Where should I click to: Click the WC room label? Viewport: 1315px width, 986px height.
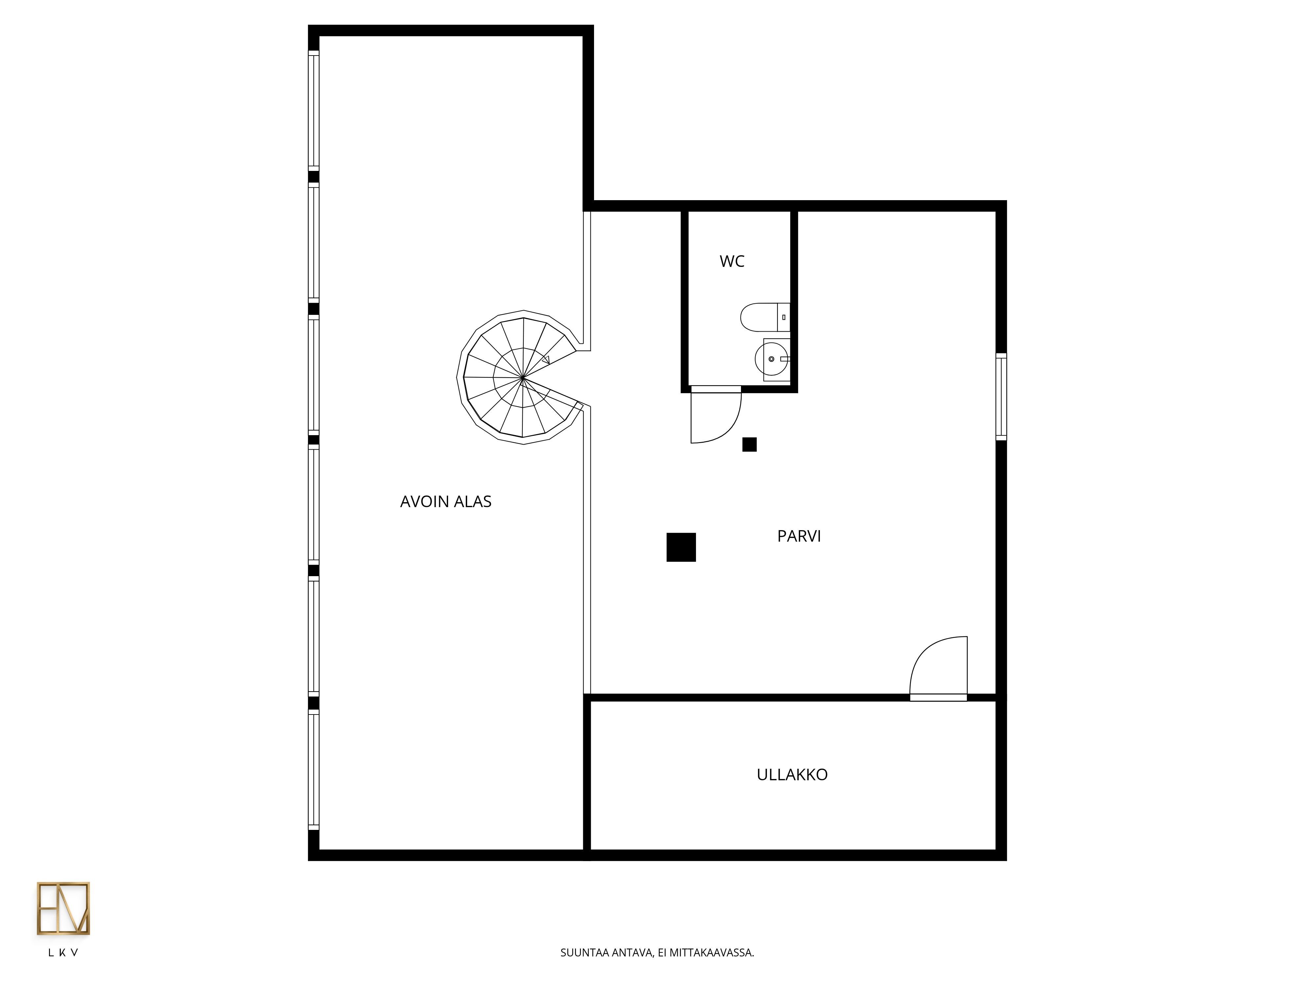pos(732,262)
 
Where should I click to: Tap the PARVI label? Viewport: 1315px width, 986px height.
pos(799,536)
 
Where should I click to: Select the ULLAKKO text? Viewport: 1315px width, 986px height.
pos(792,775)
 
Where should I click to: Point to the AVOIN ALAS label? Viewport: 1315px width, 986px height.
pos(446,502)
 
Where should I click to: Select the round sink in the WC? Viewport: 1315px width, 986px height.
pos(771,359)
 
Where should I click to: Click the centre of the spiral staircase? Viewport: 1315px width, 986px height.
pos(522,377)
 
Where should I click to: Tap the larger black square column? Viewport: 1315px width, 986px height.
pos(681,547)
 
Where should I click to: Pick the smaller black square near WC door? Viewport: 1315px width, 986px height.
pos(749,445)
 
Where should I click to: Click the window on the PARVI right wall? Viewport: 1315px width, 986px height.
pos(1001,396)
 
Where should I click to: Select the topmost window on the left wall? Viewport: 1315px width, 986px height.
pos(313,110)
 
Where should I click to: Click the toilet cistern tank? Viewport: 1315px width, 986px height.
pos(783,317)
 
